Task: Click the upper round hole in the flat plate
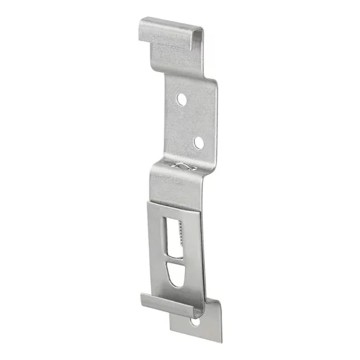tap(182, 100)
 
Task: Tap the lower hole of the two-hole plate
tap(199, 142)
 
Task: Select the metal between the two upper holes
tap(191, 121)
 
